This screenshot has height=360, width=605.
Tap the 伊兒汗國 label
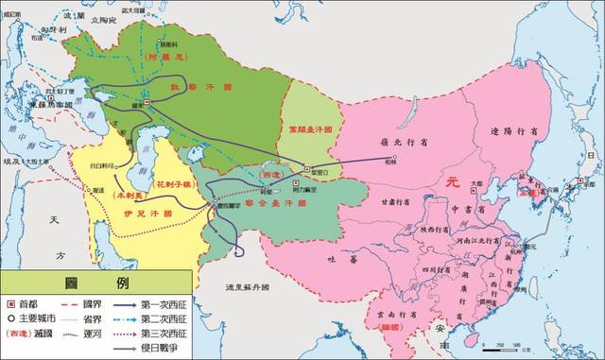[x=154, y=214]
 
